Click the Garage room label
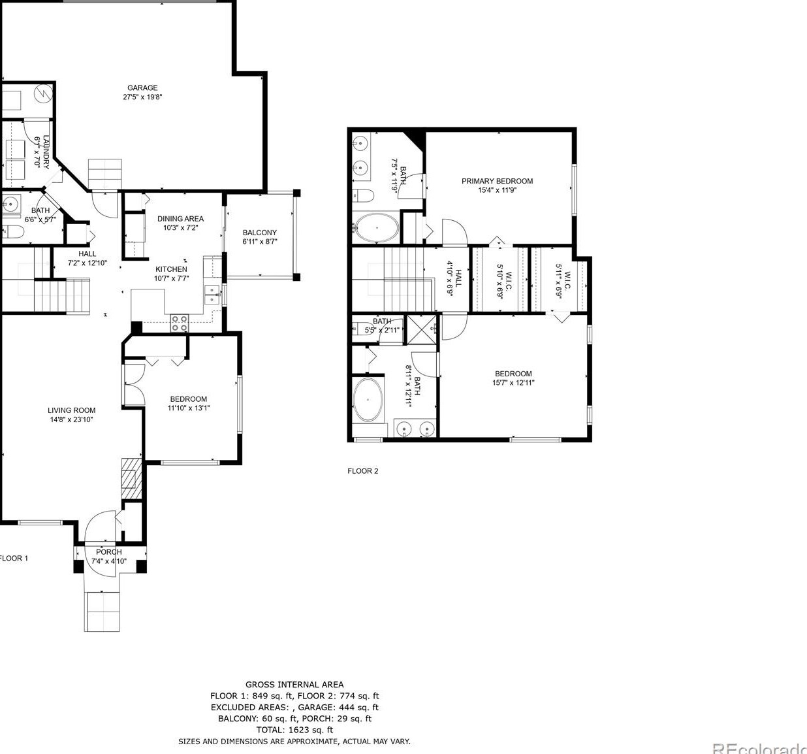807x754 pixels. point(142,88)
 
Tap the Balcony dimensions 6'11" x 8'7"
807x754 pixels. point(260,242)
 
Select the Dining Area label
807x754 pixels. point(180,219)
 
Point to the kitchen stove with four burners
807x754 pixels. point(180,322)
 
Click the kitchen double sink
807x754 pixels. point(212,295)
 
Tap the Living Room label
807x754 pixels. point(72,410)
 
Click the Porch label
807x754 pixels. point(108,552)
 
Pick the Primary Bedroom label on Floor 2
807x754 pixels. point(497,181)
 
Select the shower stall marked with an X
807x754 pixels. point(421,329)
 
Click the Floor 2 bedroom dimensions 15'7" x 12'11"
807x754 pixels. point(513,383)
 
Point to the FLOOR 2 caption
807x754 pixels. point(362,471)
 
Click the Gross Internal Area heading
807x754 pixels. point(294,685)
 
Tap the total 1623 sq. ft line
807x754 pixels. point(294,730)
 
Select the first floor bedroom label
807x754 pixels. point(189,399)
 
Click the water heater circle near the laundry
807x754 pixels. point(43,93)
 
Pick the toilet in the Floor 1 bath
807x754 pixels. point(12,231)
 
